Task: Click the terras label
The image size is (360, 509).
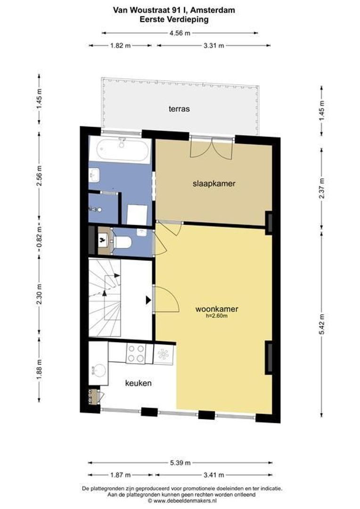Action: [179, 109]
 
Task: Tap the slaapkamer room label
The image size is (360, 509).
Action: [214, 183]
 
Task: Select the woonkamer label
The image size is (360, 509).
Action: [217, 309]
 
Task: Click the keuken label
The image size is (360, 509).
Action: [138, 383]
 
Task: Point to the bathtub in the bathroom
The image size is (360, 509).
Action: [120, 149]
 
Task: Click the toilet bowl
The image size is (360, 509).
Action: [123, 242]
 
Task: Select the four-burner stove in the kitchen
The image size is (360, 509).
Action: [136, 353]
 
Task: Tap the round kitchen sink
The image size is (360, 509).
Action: [99, 370]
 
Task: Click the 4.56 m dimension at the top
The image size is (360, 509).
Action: [180, 33]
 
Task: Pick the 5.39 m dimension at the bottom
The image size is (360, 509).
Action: [180, 463]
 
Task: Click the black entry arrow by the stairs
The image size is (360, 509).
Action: [148, 300]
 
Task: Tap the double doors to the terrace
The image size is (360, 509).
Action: [212, 148]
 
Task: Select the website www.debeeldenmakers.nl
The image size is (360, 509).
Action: [184, 501]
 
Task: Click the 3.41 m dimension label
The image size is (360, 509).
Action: [213, 475]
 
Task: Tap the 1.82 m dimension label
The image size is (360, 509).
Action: [120, 45]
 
